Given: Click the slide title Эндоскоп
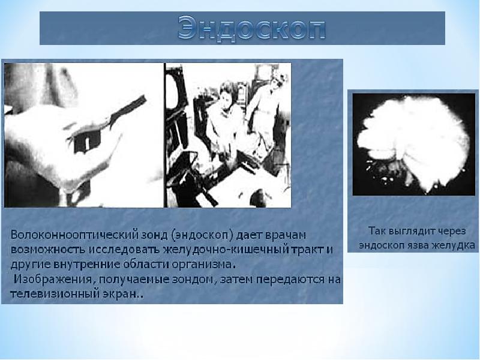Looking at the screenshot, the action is pyautogui.click(x=251, y=28).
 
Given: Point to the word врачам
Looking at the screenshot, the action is pyautogui.click(x=285, y=236).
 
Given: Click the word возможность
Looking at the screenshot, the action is pyautogui.click(x=48, y=250).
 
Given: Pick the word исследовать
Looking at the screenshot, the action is pyautogui.click(x=124, y=250).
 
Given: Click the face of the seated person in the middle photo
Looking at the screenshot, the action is pyautogui.click(x=225, y=100).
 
